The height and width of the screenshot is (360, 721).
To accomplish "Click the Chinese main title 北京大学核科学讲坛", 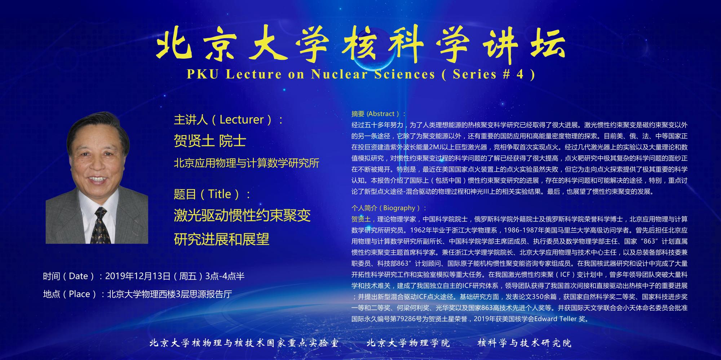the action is [x=360, y=45].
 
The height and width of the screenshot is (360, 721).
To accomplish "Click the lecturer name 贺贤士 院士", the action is [x=210, y=141].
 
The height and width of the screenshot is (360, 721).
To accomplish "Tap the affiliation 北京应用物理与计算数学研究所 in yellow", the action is [x=247, y=163].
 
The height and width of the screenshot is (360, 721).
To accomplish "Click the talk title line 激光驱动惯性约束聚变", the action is [x=242, y=216].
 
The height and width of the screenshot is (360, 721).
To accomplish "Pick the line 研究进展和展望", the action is [x=222, y=239].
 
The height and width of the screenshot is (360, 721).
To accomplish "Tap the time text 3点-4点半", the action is [x=225, y=276].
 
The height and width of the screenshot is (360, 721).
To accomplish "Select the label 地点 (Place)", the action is [x=70, y=294].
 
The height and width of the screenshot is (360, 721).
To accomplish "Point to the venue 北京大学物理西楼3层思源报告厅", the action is [x=169, y=294].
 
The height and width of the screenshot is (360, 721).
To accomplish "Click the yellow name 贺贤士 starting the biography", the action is [x=361, y=219].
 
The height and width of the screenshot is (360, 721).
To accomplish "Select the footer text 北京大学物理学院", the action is [x=408, y=343].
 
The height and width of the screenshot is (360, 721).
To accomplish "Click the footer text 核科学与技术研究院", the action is [x=525, y=343].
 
